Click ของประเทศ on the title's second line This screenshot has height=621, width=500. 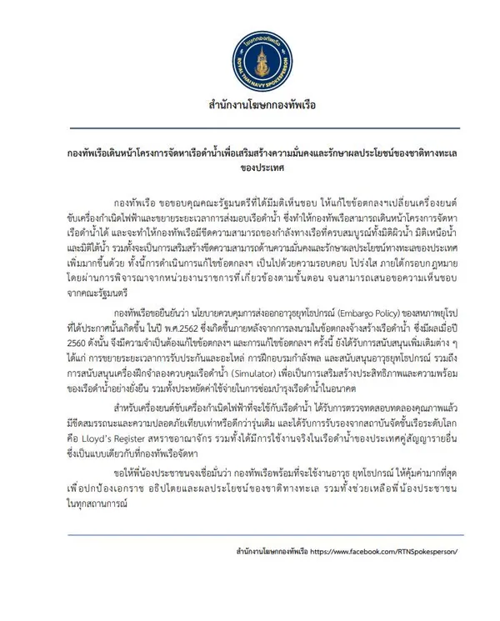250,167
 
